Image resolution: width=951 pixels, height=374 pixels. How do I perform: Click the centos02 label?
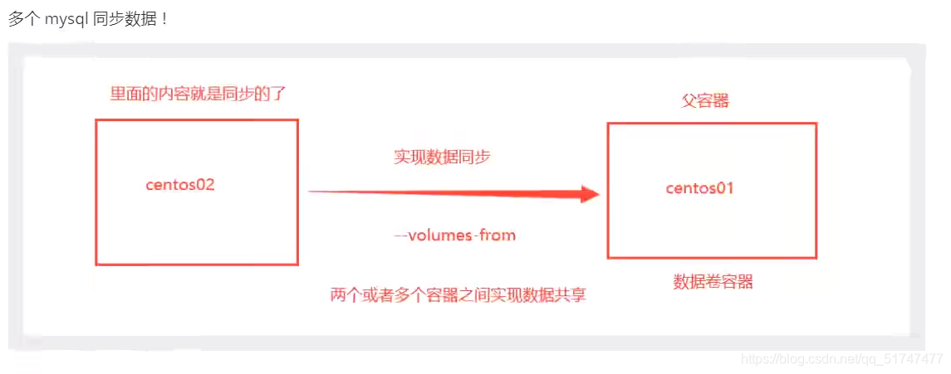tap(180, 185)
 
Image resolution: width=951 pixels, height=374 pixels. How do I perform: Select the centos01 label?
tap(699, 188)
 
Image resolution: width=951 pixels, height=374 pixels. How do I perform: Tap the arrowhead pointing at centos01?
tap(590, 195)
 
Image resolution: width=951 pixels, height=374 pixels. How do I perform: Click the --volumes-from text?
tap(455, 236)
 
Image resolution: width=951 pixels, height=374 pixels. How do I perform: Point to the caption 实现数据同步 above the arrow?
tap(442, 157)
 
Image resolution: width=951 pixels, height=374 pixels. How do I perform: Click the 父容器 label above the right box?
tap(705, 101)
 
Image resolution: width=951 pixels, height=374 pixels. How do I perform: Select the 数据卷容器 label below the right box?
tap(713, 282)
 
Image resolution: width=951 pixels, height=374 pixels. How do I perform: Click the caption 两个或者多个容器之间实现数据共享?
tap(458, 294)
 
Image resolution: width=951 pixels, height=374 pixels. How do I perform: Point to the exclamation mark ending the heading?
tap(164, 19)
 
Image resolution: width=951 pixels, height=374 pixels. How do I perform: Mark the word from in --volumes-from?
tap(498, 236)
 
